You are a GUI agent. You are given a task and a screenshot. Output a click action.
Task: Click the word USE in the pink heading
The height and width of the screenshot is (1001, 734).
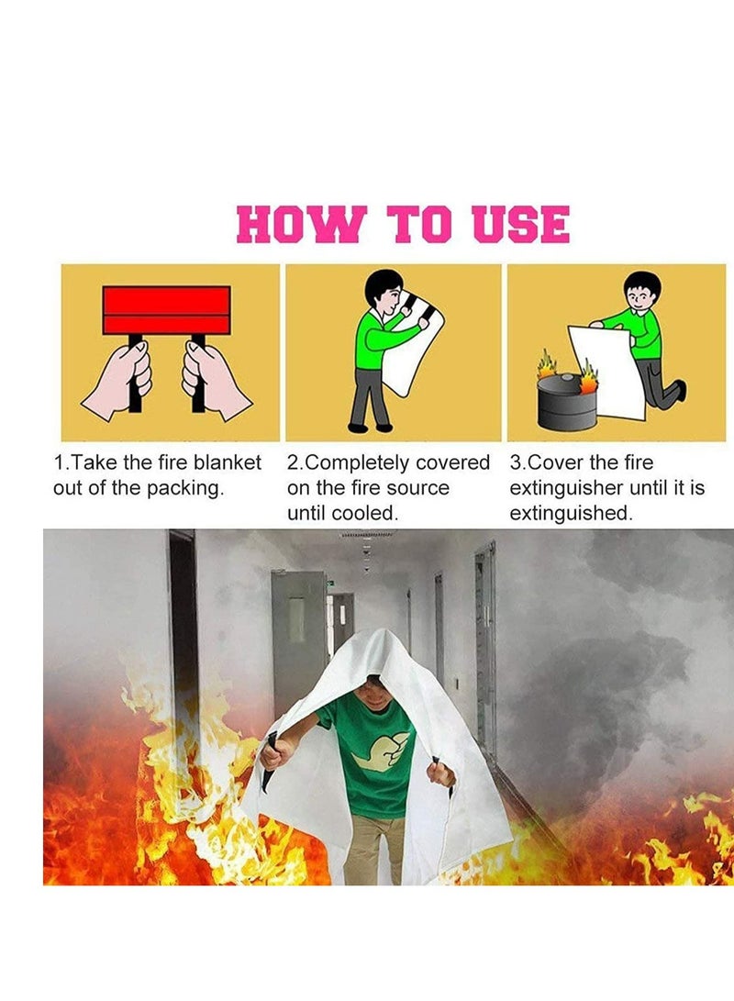pyautogui.click(x=520, y=226)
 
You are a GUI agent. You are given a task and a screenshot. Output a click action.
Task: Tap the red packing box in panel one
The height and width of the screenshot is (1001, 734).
pyautogui.click(x=166, y=310)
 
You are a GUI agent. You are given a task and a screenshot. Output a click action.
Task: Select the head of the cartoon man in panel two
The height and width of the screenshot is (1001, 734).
pyautogui.click(x=383, y=291)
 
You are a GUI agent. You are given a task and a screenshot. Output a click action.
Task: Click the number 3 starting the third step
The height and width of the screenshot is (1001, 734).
pyautogui.click(x=515, y=462)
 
